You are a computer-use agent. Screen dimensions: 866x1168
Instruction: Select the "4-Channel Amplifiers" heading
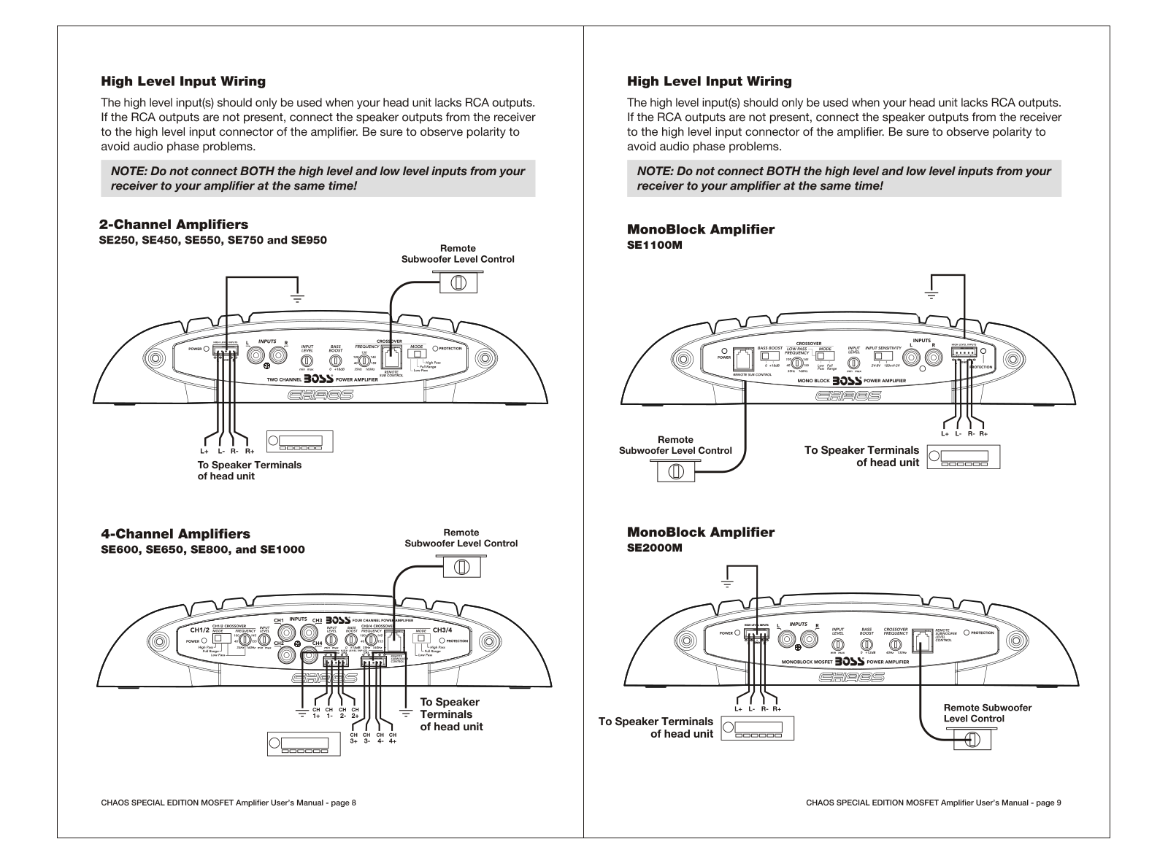pyautogui.click(x=175, y=534)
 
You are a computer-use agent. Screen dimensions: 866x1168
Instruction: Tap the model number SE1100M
pyautogui.click(x=655, y=245)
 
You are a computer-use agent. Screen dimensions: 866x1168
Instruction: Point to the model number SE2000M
pyautogui.click(x=655, y=548)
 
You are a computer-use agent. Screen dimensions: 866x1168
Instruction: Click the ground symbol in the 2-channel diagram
pyautogui.click(x=298, y=297)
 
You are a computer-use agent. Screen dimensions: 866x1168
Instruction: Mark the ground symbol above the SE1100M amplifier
pyautogui.click(x=930, y=295)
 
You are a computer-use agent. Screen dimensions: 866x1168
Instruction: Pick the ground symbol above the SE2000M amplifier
pyautogui.click(x=727, y=583)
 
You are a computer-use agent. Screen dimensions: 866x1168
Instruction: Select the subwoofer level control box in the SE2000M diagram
pyautogui.click(x=972, y=739)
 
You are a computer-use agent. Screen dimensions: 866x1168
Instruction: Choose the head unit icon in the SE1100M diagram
pyautogui.click(x=964, y=457)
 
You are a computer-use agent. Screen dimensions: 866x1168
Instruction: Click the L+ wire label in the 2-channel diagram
pyautogui.click(x=204, y=451)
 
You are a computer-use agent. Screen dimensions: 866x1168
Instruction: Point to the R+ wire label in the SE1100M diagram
pyautogui.click(x=983, y=433)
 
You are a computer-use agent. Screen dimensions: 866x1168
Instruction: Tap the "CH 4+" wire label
pyautogui.click(x=393, y=738)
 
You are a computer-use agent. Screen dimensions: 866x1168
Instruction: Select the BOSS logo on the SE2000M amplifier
pyautogui.click(x=849, y=662)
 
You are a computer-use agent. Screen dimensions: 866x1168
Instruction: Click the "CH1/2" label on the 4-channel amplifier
pyautogui.click(x=199, y=630)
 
